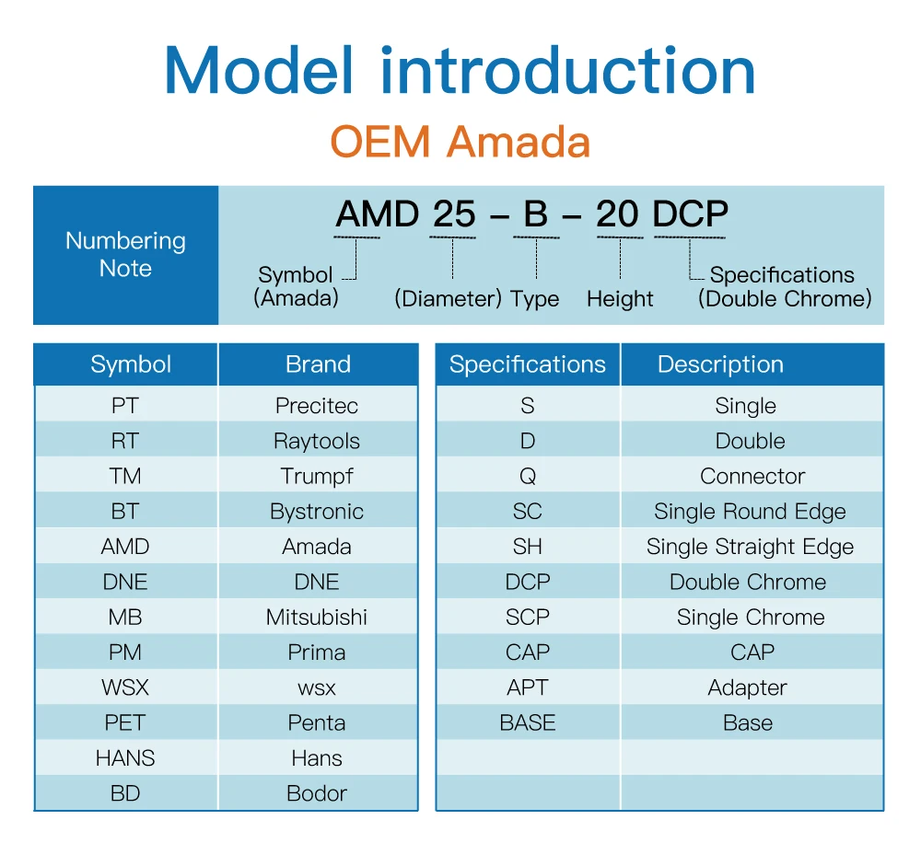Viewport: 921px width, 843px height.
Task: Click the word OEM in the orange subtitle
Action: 380,142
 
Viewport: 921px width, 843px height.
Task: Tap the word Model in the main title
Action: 259,71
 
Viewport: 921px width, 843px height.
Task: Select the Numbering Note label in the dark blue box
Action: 125,254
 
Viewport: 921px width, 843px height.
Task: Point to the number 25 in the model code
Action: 453,214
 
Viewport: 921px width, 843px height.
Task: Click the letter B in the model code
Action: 536,214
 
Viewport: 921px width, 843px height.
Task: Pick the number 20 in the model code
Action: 617,214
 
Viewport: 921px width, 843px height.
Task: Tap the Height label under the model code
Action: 620,299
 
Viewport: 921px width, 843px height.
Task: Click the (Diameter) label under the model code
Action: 449,299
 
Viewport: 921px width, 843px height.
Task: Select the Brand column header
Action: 318,364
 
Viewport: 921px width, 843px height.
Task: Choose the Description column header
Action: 720,364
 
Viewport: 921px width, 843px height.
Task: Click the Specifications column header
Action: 528,364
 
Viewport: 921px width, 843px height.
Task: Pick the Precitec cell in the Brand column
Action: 317,406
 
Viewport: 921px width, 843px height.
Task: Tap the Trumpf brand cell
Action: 317,477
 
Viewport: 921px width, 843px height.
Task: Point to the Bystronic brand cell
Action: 317,512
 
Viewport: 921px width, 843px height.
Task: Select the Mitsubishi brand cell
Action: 317,617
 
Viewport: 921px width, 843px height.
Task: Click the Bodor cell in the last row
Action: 317,793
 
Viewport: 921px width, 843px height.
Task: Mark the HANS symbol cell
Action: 125,758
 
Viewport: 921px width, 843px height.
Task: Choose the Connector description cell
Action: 752,476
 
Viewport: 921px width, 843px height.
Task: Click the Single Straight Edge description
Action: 750,548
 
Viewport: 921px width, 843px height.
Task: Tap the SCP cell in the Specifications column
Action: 528,617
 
